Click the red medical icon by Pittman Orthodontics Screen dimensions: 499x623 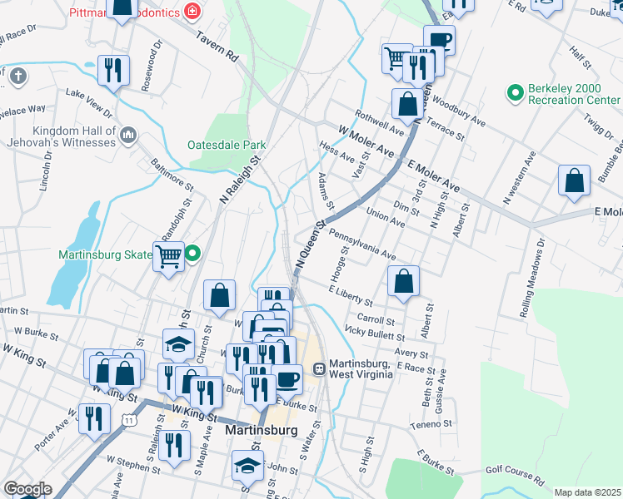click(193, 11)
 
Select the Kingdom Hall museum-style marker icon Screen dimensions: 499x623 click(128, 135)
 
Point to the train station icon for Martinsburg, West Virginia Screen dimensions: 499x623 click(318, 368)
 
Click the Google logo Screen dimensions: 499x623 click(27, 489)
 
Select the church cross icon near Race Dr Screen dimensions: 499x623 click(17, 77)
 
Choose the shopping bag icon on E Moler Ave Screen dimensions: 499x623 click(575, 181)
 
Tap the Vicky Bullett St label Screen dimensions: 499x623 click(374, 334)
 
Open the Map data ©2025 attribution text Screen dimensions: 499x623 click(587, 492)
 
